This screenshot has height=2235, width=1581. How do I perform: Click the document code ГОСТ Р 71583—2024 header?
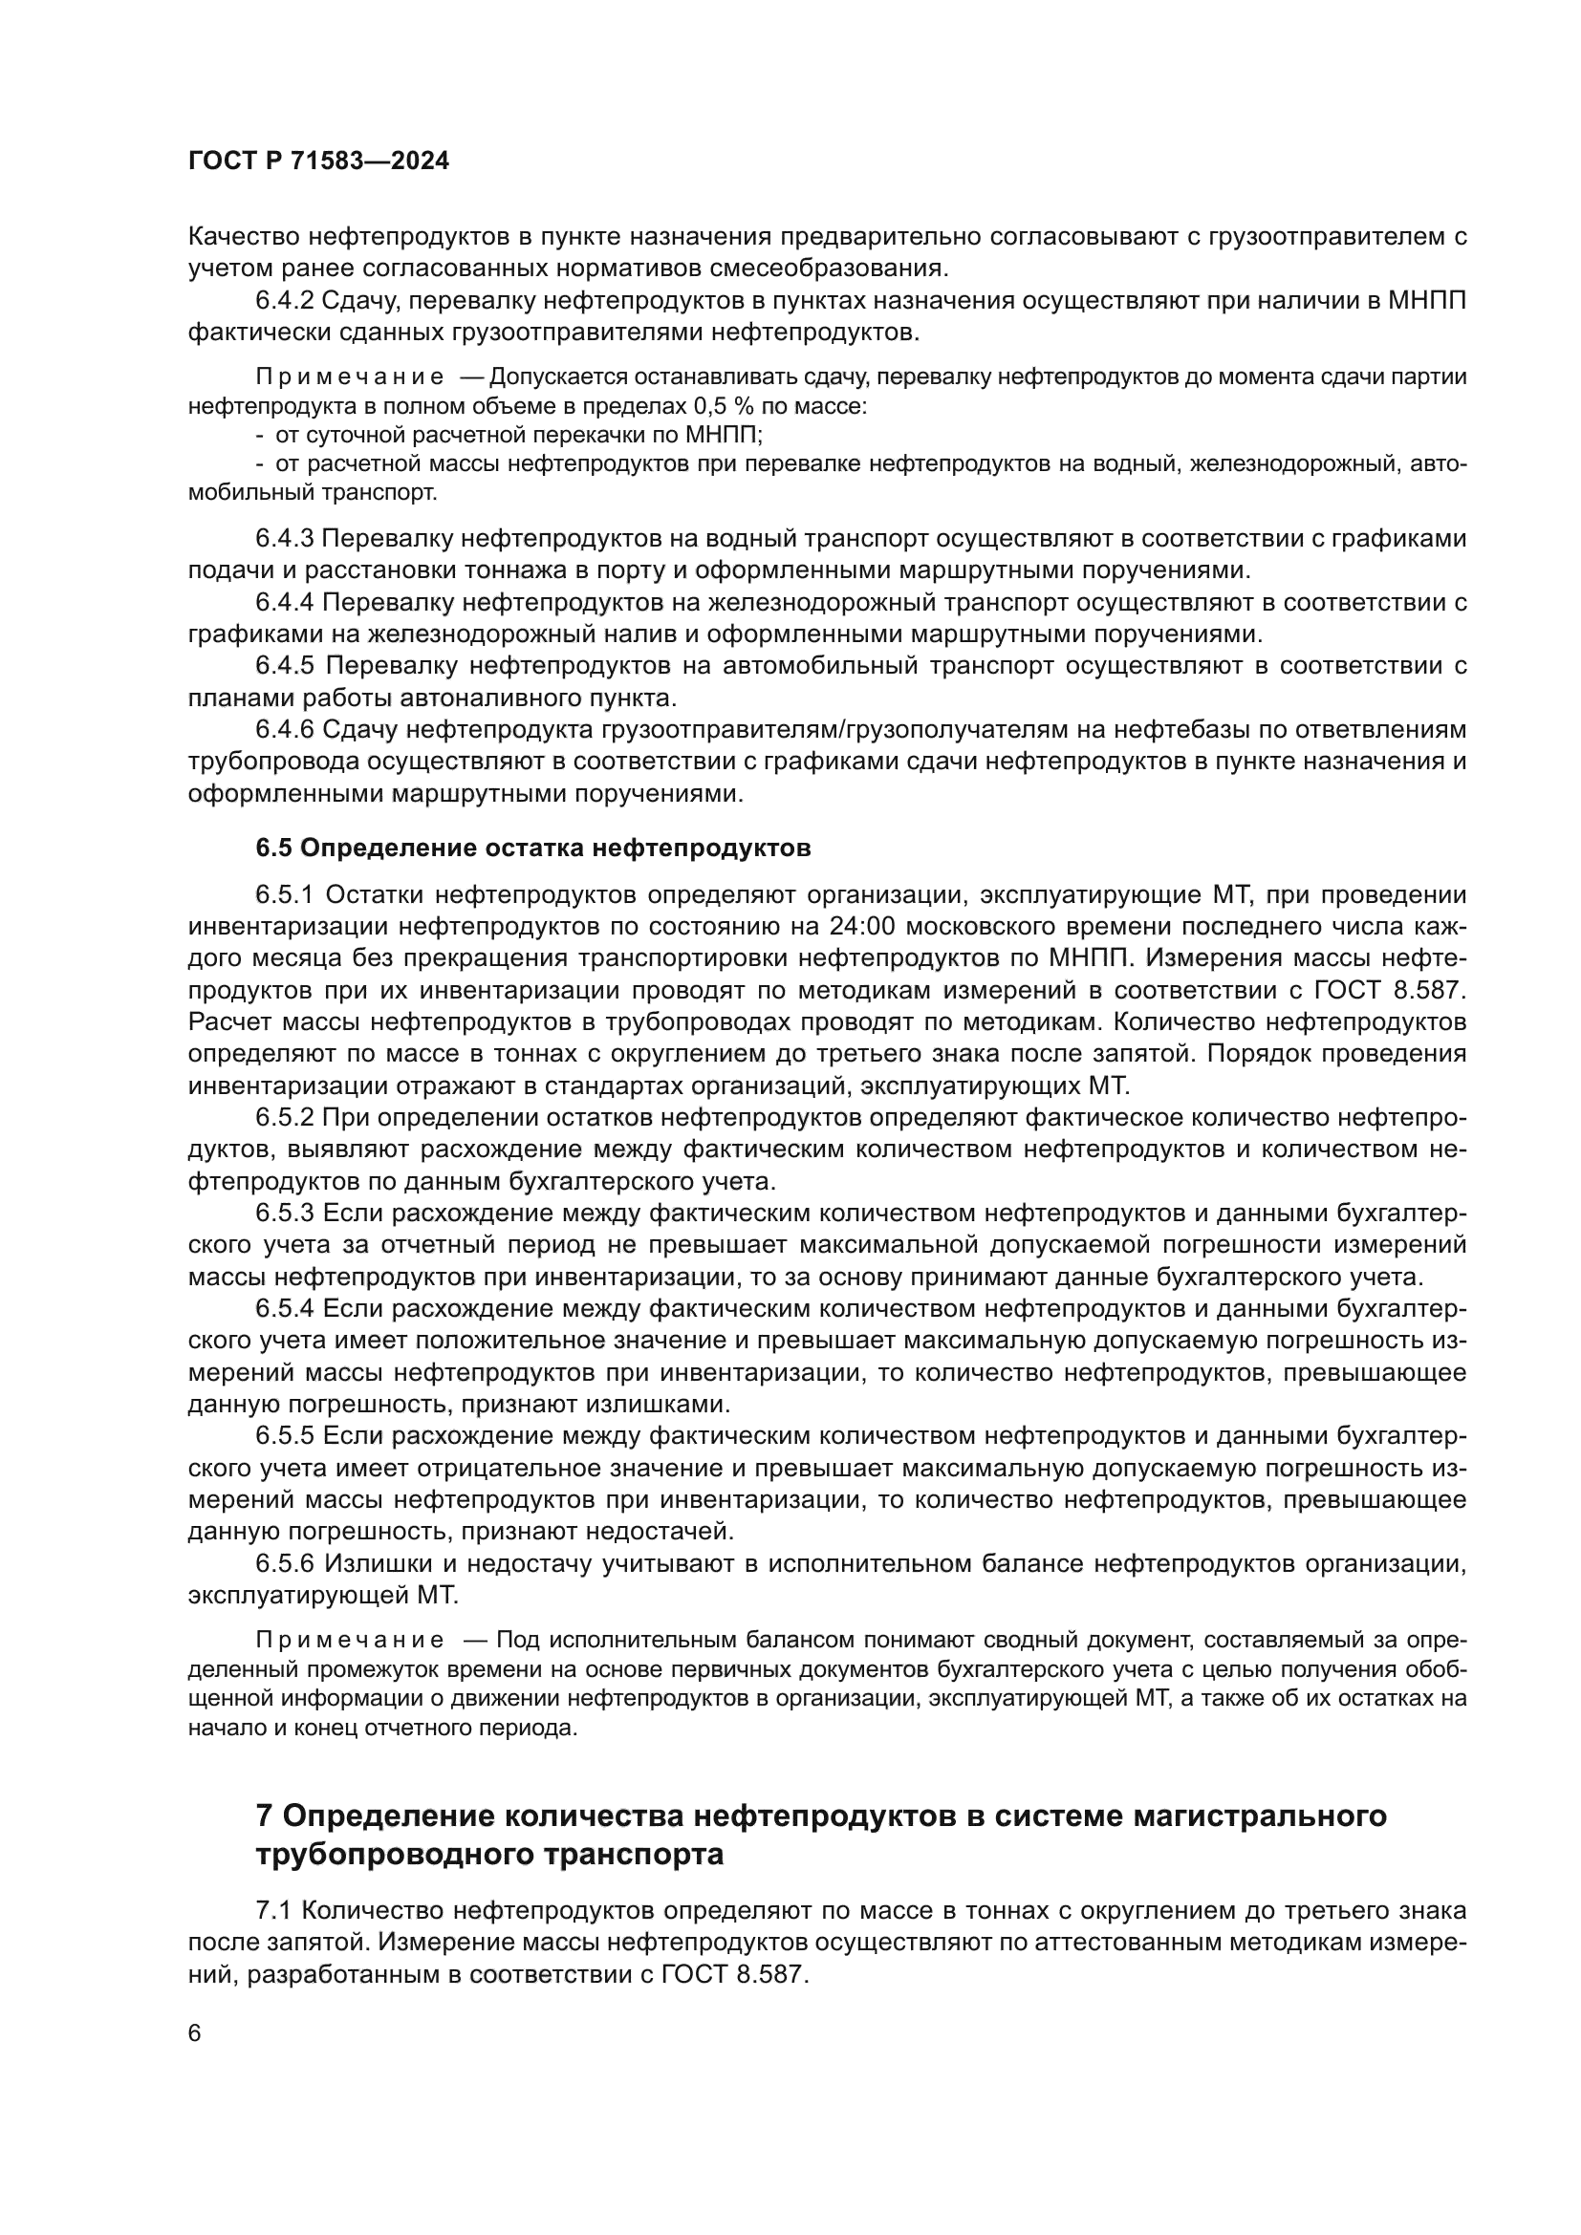click(x=318, y=161)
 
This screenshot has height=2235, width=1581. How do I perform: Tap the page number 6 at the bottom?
click(x=195, y=2033)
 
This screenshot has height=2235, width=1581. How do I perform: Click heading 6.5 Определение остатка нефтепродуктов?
click(x=532, y=848)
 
